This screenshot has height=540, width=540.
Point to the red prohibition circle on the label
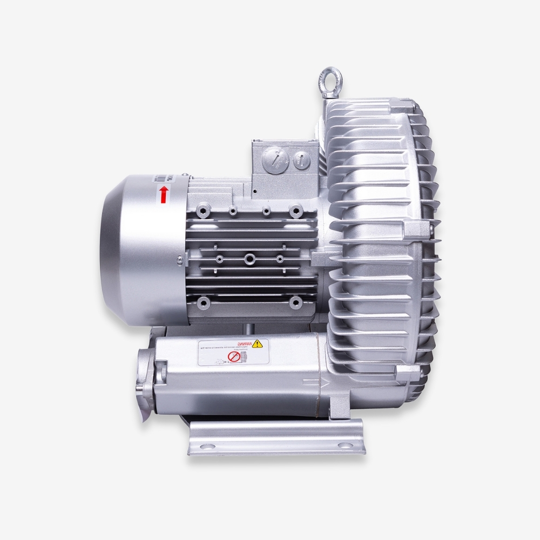coord(232,357)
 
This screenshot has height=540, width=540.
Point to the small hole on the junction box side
coord(254,191)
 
